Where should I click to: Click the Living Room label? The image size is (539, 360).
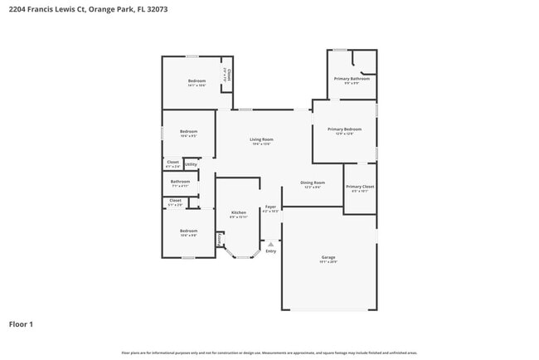[x=261, y=139]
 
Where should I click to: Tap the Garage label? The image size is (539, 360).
[x=328, y=258]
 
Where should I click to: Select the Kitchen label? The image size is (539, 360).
[x=238, y=212]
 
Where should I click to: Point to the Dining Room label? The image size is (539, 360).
[x=313, y=182]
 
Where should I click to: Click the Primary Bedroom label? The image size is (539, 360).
[x=344, y=129]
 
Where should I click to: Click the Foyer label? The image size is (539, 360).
[x=270, y=207]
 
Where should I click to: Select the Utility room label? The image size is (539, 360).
[x=191, y=164]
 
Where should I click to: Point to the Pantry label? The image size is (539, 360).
[x=220, y=240]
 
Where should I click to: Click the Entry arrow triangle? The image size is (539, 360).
[x=270, y=244]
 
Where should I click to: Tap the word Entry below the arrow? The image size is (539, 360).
[x=270, y=251]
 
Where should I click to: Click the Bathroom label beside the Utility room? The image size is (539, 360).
[x=180, y=182]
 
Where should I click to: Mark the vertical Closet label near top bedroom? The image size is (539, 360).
[x=226, y=75]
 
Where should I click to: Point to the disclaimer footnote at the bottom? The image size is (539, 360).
[x=269, y=353]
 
